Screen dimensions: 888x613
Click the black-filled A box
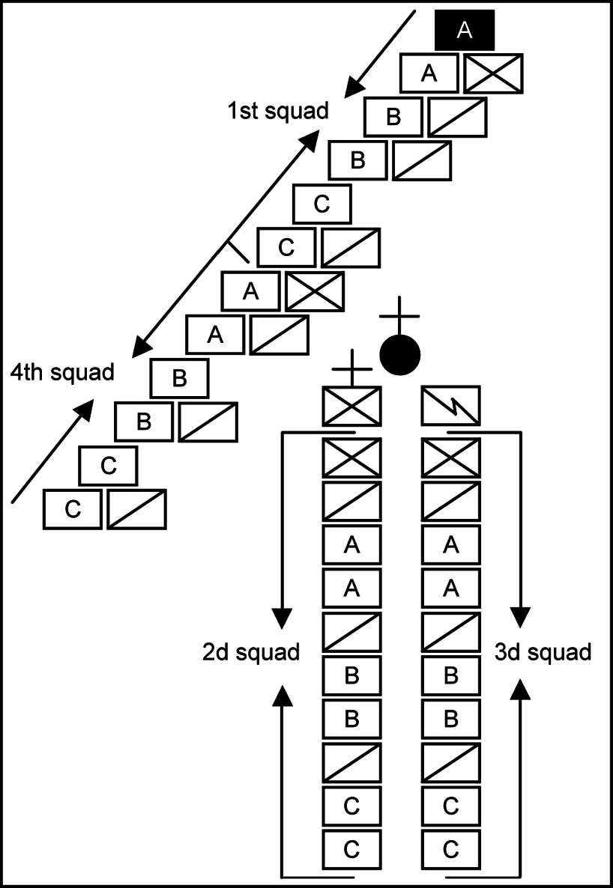pos(465,30)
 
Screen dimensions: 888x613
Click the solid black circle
pos(400,354)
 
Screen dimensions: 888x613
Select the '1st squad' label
pos(278,112)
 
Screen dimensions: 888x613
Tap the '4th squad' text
pos(61,371)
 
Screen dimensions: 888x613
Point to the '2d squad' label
pos(251,652)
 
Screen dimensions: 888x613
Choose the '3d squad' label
pos(543,652)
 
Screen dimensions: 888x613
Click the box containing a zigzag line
pos(451,405)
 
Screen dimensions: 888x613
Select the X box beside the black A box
pos(493,73)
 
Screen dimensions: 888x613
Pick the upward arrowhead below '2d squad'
pos(282,696)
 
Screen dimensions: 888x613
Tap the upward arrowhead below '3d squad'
pos(520,696)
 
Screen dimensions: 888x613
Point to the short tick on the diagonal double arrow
pos(238,252)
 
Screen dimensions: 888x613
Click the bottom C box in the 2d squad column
pos(351,849)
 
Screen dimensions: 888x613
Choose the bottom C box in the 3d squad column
pos(451,849)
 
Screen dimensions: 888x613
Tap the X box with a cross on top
pos(351,405)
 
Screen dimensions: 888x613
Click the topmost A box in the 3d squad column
pos(451,545)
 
